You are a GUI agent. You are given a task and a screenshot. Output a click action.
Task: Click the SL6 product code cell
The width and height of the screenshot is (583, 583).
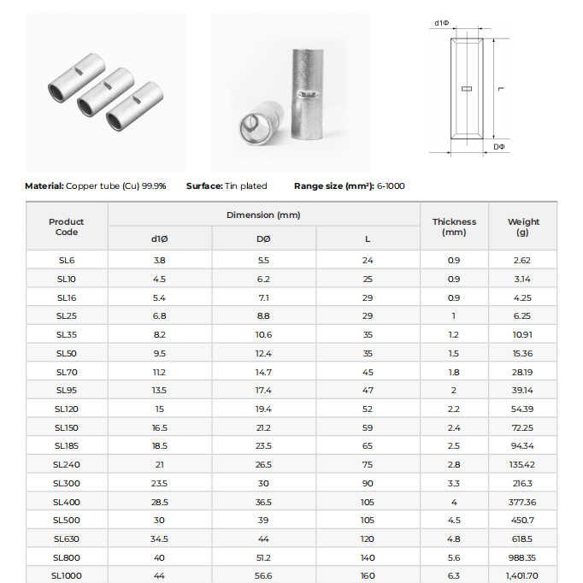(66, 260)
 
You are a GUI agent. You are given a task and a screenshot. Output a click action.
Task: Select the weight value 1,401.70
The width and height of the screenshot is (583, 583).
(521, 575)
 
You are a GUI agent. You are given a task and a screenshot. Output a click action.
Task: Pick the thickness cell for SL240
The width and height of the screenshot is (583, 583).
(453, 464)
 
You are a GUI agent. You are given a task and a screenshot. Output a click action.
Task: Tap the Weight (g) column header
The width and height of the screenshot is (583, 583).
(522, 227)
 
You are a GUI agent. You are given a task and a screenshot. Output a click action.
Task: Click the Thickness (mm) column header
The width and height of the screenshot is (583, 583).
(453, 227)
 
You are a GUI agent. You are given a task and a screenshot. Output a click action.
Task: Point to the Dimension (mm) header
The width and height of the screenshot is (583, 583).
(263, 215)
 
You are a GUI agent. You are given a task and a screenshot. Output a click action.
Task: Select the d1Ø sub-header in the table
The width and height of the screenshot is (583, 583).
(159, 238)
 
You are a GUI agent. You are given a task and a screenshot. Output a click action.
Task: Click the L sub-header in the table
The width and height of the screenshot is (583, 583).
(368, 238)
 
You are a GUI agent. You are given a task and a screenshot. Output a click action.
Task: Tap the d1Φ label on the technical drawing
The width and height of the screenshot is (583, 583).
(442, 23)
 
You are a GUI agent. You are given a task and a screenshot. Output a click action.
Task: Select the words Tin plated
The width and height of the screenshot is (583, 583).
(245, 185)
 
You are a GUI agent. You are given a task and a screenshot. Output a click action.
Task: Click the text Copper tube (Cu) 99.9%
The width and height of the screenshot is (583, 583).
(116, 185)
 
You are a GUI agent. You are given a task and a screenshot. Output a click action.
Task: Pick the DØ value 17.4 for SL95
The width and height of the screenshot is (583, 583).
(263, 390)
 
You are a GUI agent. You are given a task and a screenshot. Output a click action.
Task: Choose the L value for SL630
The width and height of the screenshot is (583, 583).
(368, 539)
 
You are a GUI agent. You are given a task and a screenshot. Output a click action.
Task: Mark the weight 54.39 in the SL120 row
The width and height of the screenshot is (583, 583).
(521, 409)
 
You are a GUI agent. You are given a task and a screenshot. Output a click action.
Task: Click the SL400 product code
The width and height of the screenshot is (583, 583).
(66, 502)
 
